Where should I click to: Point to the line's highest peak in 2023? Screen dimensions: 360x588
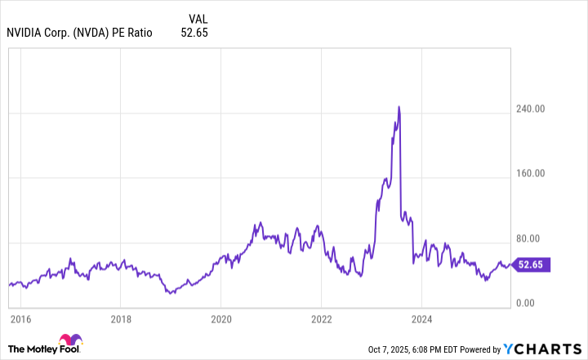tap(399, 106)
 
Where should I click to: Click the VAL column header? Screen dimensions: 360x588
tap(198, 18)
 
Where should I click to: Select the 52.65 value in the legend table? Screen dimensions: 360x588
tap(194, 33)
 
